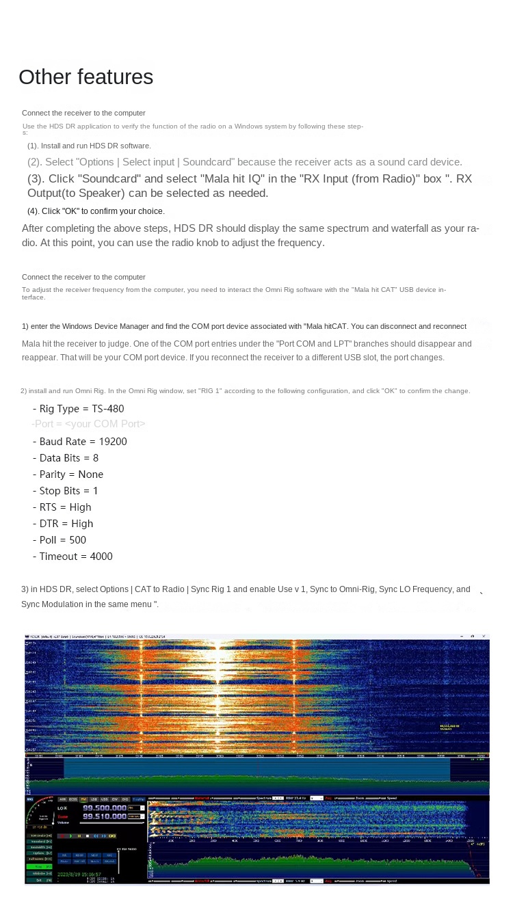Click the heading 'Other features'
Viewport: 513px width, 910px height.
coord(85,77)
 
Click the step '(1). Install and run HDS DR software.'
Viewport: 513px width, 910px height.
coord(89,146)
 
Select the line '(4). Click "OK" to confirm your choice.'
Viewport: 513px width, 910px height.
coord(96,211)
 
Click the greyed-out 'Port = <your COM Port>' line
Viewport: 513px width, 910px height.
coord(88,424)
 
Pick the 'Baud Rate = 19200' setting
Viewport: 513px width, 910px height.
coord(79,442)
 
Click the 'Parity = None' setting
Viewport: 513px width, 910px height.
coord(68,474)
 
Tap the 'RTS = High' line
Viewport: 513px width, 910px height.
coord(62,507)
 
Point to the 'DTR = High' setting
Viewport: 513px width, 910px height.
coord(62,524)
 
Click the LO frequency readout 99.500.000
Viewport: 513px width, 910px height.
coord(105,807)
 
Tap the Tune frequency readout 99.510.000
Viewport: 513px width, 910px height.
coord(105,816)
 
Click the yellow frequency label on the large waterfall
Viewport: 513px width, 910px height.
coord(449,727)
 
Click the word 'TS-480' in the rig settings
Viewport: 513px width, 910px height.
coord(108,409)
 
